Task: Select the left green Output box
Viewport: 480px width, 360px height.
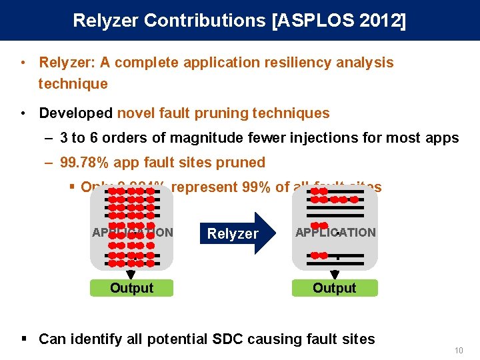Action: [x=131, y=288]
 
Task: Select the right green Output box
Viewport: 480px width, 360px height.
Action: [x=335, y=288]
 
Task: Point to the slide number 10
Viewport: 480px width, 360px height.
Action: [x=458, y=351]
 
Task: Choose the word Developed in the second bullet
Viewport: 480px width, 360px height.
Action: [x=75, y=113]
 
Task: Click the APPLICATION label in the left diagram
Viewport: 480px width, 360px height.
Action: [x=132, y=233]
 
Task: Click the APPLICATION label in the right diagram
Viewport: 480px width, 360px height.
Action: [x=335, y=233]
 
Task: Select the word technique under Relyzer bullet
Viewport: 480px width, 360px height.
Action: [x=73, y=84]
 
